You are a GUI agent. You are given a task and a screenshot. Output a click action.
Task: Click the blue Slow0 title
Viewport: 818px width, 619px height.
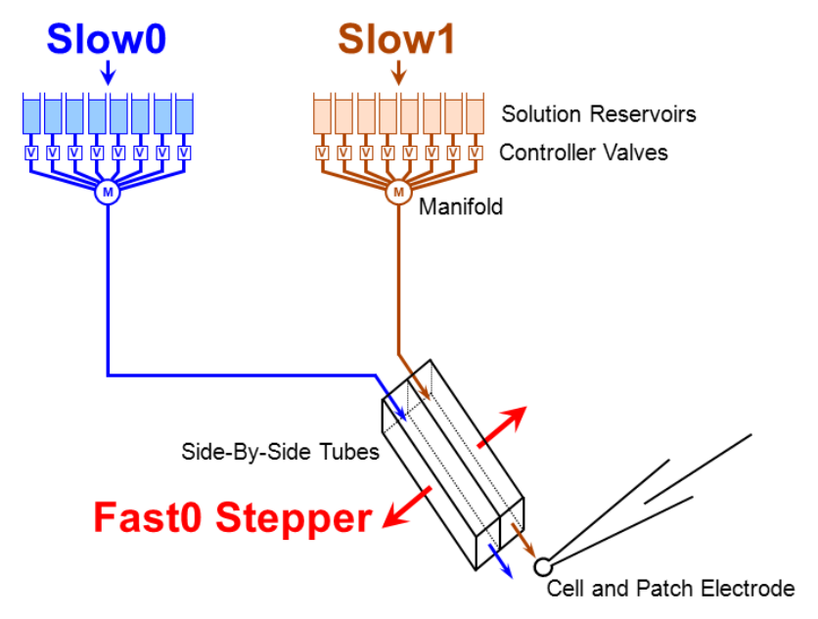108,38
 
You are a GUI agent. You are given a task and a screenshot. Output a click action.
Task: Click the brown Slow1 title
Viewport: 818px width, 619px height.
396,38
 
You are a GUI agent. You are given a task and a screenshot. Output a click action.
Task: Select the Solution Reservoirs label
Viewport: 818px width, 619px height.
599,114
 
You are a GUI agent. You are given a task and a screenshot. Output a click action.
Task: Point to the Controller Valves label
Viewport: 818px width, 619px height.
583,153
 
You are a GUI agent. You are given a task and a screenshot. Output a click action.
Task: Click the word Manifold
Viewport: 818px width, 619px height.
460,207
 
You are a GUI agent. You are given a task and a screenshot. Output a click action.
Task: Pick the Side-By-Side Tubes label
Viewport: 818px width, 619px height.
281,453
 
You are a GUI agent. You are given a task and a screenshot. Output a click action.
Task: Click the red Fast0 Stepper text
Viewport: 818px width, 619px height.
232,517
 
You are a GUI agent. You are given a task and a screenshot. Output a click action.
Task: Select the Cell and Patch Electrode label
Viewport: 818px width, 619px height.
670,589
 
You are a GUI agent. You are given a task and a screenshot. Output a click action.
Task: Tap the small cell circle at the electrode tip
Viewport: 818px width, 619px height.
541,566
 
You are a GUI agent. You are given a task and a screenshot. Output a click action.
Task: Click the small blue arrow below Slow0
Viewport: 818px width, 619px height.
108,71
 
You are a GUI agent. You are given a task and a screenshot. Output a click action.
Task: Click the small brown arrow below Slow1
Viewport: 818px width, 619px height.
397,71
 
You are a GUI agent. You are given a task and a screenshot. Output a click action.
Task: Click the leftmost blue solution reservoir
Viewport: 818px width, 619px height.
30,115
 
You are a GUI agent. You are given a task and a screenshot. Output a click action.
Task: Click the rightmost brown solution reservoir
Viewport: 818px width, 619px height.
475,115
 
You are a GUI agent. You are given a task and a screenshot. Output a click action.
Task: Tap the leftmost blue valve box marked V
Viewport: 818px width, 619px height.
30,153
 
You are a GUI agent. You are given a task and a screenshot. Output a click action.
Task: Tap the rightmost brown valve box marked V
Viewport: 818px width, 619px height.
475,153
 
